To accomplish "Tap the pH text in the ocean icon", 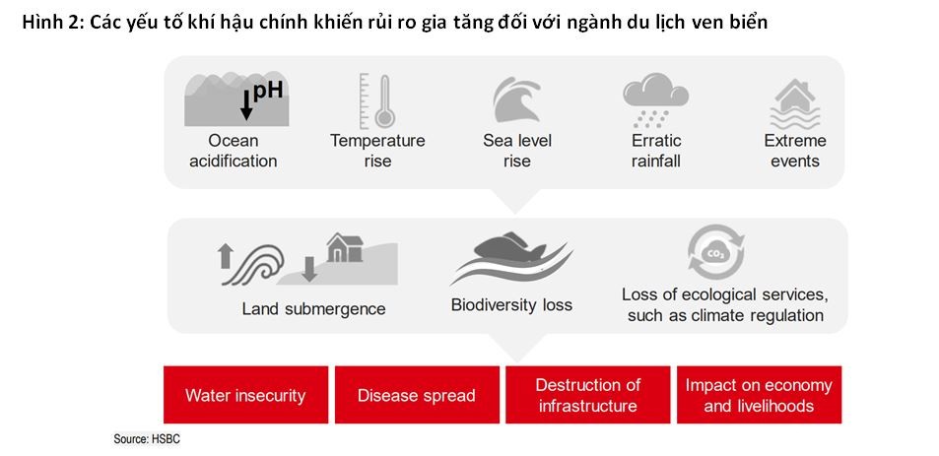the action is coord(268,91).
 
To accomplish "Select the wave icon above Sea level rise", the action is coord(516,99).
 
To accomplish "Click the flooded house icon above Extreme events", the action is coord(794,104).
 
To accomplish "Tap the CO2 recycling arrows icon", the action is coord(715,252).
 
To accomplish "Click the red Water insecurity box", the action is coord(245,395).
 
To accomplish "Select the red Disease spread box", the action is coord(417,395).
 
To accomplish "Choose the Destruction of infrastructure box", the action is coord(588,395).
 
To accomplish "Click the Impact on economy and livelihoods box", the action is coord(760,395).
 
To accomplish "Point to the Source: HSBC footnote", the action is coord(147,439).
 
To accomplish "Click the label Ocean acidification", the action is coord(233,151).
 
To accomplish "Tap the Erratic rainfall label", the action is coord(656,151).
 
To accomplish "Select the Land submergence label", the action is coord(313,309).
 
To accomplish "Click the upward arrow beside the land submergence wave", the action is coord(226,256).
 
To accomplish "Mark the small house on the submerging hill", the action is coord(345,248).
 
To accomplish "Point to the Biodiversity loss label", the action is coord(511,305).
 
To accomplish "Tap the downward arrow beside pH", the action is coord(246,105).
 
